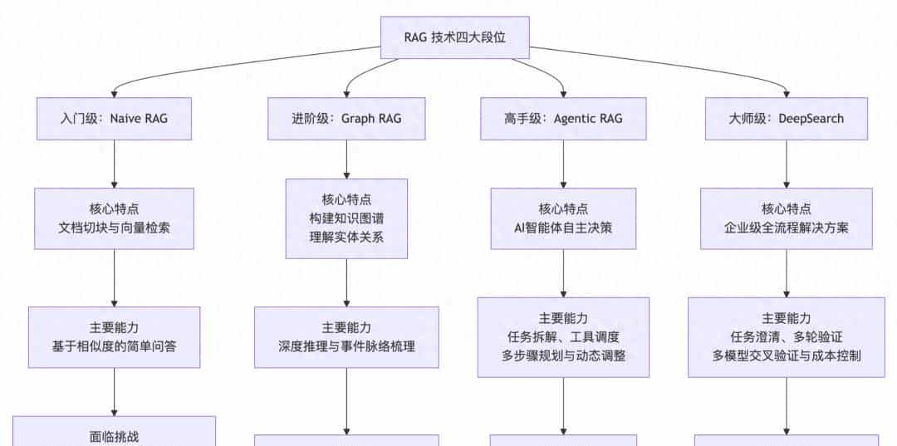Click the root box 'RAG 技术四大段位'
[454, 39]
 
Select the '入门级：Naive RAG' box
[115, 118]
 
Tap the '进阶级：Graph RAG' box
[346, 118]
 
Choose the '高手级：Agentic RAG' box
[563, 118]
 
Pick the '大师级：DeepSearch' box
[786, 118]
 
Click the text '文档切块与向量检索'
[115, 228]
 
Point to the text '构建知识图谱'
[346, 218]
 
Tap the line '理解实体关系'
[346, 238]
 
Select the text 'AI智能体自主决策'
[563, 228]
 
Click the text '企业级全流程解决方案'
[786, 228]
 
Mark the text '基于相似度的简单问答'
[115, 346]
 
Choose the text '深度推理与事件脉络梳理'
[346, 346]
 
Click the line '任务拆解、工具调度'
[563, 337]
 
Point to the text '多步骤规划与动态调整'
[563, 355]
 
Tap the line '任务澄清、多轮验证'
[786, 337]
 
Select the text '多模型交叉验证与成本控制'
[786, 355]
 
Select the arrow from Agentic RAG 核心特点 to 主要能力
[563, 273]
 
